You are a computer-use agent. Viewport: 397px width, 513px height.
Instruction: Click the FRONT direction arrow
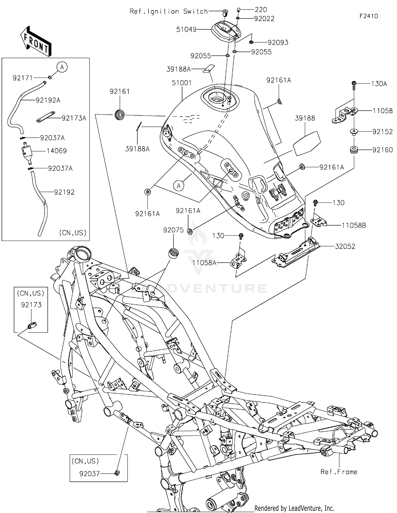click(x=35, y=42)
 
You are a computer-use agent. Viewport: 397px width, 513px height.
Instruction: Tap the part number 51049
click(x=186, y=30)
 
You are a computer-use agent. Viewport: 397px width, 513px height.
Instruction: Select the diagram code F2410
click(x=368, y=16)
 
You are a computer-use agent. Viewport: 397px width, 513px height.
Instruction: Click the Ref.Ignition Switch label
click(x=169, y=11)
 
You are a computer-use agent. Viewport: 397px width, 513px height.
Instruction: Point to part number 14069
click(x=56, y=151)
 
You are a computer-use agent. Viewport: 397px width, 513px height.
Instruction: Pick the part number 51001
click(x=182, y=83)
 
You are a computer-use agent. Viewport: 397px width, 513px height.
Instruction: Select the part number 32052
click(x=345, y=246)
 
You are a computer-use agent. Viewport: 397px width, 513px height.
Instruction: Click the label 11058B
click(x=354, y=226)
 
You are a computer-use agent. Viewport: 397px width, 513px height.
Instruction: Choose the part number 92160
click(x=382, y=150)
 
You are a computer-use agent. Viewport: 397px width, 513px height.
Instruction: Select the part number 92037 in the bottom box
click(x=89, y=474)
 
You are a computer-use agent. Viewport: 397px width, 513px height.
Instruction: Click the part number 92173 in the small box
click(x=31, y=305)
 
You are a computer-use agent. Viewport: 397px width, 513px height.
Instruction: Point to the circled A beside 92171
click(x=62, y=67)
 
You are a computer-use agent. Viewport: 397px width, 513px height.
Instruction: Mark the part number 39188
click(x=305, y=118)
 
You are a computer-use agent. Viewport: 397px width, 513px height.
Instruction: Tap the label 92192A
click(x=48, y=100)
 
